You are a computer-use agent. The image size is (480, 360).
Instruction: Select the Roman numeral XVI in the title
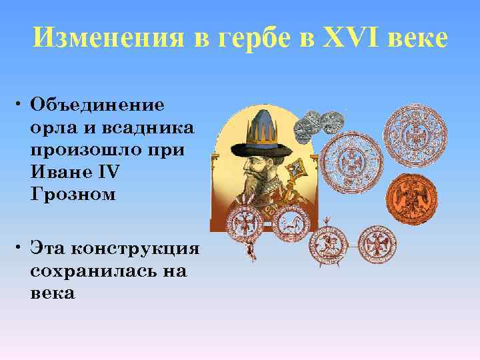click(353, 40)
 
